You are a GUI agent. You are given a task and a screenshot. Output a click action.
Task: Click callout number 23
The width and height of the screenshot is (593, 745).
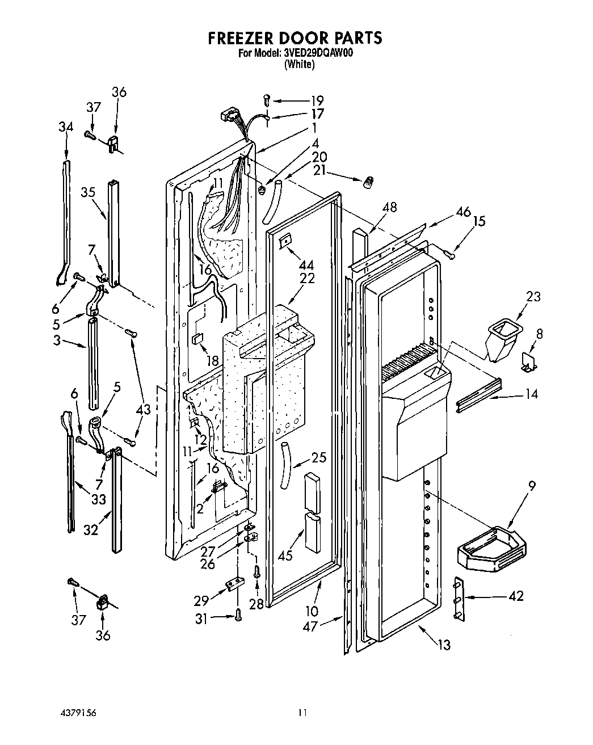click(533, 296)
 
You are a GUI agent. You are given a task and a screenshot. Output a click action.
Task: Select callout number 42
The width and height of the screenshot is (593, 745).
click(515, 596)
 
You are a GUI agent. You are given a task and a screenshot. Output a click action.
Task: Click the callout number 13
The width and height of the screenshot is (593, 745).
click(444, 644)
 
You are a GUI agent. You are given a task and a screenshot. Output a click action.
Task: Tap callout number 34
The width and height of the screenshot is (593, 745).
click(66, 127)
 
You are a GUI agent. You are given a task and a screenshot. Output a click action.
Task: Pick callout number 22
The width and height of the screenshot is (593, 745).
click(307, 279)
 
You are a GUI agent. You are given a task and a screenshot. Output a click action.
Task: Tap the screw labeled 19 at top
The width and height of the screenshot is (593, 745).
click(266, 100)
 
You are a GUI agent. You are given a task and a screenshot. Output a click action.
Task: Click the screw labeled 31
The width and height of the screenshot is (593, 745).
click(237, 613)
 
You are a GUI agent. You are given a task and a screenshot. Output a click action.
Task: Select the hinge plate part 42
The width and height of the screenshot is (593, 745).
click(457, 598)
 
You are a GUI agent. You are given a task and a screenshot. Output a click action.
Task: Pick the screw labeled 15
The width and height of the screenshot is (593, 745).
click(450, 255)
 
